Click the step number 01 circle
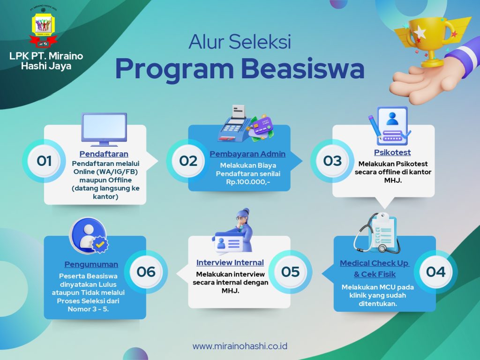(44, 161)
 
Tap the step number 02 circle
(188, 161)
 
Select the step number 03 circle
(332, 161)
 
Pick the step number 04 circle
(435, 272)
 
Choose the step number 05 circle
(290, 272)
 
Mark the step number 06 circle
(146, 272)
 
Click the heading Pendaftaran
(104, 154)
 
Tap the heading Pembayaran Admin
(247, 154)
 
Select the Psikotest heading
(392, 152)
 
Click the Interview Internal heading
(230, 262)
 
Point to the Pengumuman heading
(91, 264)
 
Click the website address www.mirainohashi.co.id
(240, 346)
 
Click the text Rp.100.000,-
(248, 182)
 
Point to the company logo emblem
(44, 28)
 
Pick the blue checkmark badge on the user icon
(100, 244)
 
